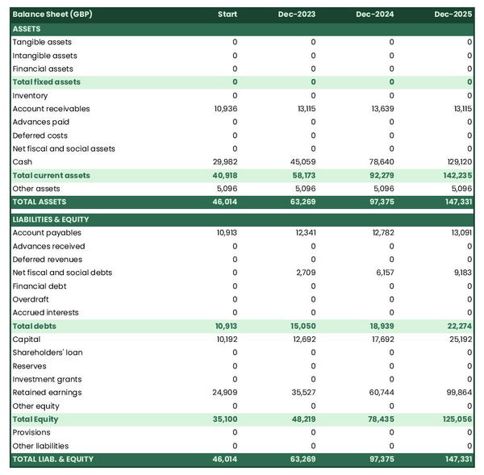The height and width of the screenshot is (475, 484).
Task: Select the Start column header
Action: coord(227,15)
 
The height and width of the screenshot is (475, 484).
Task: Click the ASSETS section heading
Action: coord(27,29)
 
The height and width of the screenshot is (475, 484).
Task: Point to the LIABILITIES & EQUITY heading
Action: coord(51,219)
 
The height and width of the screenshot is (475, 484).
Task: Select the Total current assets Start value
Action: coord(225,175)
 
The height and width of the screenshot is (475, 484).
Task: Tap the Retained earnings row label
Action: coord(47,393)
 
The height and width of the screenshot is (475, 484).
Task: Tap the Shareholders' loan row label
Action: coord(48,352)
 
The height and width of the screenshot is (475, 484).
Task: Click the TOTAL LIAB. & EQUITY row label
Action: coord(53,459)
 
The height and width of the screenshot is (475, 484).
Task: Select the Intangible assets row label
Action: coord(45,56)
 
